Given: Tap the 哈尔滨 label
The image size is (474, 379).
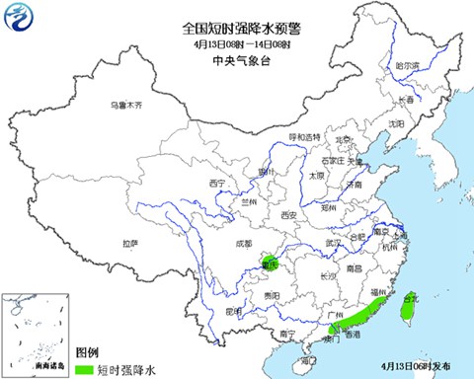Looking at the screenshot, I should point(407,65).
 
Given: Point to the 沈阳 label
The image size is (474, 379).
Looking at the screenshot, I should point(397,124).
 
